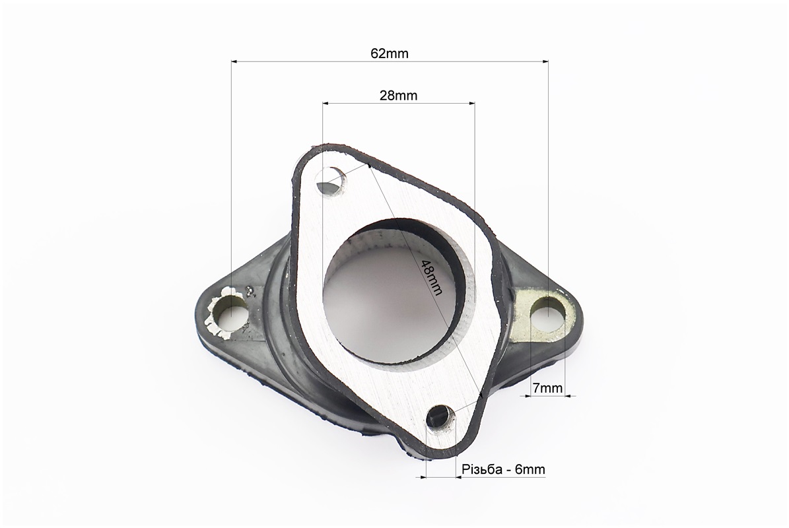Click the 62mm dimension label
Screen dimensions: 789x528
[x=390, y=53]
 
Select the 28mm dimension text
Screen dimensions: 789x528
[x=399, y=96]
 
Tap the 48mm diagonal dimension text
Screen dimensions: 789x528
[x=431, y=278]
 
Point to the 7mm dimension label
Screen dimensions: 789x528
[x=547, y=387]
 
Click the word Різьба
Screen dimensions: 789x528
[x=482, y=469]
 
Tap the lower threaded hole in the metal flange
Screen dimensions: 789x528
[x=441, y=418]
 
